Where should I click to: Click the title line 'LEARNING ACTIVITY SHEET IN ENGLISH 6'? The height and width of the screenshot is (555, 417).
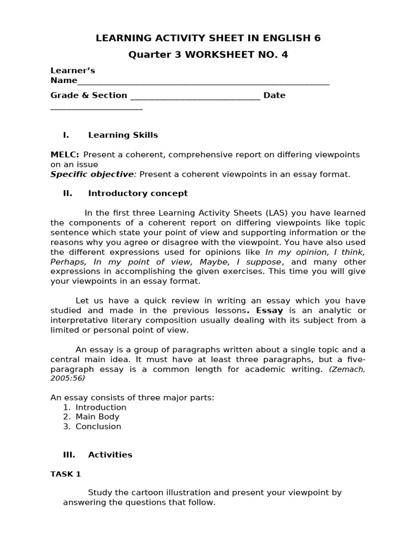[x=208, y=38]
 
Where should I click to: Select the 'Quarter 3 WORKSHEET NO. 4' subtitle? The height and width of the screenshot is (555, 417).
[x=208, y=55]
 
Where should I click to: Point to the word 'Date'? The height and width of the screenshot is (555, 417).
[x=274, y=95]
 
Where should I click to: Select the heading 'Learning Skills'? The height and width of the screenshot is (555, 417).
[x=123, y=135]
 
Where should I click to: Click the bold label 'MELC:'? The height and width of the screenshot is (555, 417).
[x=65, y=155]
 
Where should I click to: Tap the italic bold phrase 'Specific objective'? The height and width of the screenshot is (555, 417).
[x=92, y=174]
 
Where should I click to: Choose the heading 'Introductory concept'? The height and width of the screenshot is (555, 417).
[x=138, y=193]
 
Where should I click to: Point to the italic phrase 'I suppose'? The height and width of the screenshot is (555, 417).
[x=259, y=262]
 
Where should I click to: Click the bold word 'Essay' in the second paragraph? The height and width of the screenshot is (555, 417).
[x=269, y=311]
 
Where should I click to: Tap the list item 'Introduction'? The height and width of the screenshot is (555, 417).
[x=101, y=407]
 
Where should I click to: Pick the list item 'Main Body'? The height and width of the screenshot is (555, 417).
[x=97, y=417]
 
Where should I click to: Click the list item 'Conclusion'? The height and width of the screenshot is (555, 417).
[x=98, y=427]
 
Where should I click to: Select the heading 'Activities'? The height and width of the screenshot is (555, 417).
[x=110, y=455]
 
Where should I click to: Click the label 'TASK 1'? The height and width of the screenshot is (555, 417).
[x=66, y=474]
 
